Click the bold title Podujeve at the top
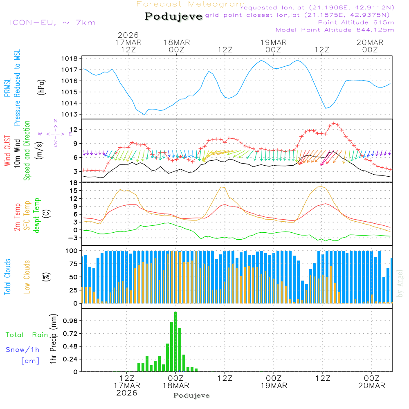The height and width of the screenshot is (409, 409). coord(173,16)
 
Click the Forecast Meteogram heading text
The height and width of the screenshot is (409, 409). coord(191,4)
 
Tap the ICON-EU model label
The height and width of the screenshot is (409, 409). coord(52,22)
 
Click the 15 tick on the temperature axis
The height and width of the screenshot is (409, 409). coord(74,191)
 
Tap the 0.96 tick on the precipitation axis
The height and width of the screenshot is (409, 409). coord(70,321)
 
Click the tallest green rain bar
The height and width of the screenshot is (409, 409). coord(175,342)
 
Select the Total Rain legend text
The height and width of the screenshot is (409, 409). coord(27,335)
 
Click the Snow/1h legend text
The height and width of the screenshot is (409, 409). coord(23,350)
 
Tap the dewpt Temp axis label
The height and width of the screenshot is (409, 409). coord(37,216)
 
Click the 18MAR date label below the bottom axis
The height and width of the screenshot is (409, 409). coord(176,385)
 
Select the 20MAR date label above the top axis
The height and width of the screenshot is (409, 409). coord(370,43)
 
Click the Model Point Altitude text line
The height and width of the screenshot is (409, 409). coord(335,30)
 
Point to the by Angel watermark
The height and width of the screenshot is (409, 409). coord(400,283)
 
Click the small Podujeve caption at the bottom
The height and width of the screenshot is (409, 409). coord(191,396)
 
